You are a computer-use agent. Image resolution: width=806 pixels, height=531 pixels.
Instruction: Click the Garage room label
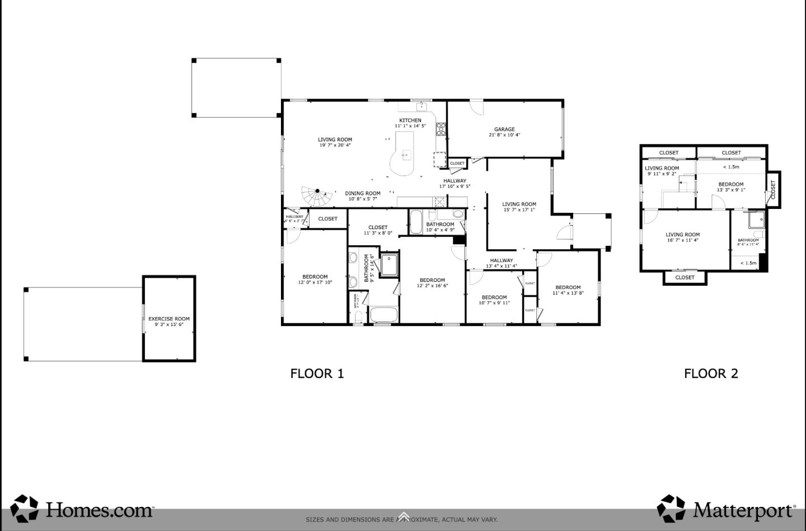pyautogui.click(x=504, y=129)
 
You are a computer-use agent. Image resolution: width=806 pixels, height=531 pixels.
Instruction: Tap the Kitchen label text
pyautogui.click(x=410, y=120)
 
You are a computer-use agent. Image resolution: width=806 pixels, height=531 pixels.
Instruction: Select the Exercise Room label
pyautogui.click(x=169, y=319)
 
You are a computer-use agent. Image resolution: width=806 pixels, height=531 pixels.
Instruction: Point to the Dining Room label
pyautogui.click(x=363, y=193)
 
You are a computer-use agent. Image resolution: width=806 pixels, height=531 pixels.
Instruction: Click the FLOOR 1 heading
pyautogui.click(x=317, y=374)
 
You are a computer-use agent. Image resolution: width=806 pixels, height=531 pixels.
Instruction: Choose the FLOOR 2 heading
pyautogui.click(x=711, y=374)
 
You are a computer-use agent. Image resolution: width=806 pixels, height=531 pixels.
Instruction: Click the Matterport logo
pyautogui.click(x=727, y=509)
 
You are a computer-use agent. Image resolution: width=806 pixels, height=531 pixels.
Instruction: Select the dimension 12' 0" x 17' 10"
pyautogui.click(x=315, y=282)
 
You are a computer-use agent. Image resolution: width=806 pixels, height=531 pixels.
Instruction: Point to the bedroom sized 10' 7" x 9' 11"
pyautogui.click(x=494, y=300)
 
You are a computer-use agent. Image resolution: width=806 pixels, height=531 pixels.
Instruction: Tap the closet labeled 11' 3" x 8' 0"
pyautogui.click(x=378, y=230)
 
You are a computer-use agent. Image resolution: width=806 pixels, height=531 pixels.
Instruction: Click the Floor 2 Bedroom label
pyautogui.click(x=731, y=184)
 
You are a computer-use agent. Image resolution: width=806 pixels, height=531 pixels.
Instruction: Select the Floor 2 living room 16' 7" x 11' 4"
pyautogui.click(x=682, y=237)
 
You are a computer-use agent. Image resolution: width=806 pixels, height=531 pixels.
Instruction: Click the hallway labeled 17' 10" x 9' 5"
pyautogui.click(x=454, y=184)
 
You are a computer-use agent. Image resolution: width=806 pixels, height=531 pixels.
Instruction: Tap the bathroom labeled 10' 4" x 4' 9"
pyautogui.click(x=440, y=227)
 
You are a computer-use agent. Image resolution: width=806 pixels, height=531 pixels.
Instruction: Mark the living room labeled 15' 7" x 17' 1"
pyautogui.click(x=519, y=207)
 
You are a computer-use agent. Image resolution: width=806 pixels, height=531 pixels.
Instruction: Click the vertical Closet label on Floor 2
pyautogui.click(x=774, y=189)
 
